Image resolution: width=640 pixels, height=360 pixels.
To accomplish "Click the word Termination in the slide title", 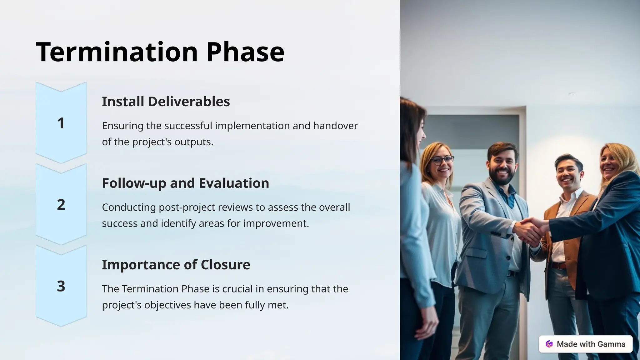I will (117, 52).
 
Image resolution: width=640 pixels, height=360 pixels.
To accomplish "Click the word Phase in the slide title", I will (245, 52).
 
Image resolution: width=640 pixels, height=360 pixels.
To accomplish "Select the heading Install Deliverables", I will (166, 102).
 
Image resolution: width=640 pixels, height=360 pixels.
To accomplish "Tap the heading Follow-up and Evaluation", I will (186, 183).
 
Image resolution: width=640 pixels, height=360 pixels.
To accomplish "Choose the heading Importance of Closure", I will (176, 265).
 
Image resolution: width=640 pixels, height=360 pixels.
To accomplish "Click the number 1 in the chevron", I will (61, 123).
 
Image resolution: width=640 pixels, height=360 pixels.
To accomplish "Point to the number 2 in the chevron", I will (61, 205).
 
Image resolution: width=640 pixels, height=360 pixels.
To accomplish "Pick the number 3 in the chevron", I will (61, 286).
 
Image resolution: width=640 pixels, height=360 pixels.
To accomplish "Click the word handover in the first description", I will (335, 126).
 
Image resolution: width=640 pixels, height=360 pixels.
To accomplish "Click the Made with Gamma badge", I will (586, 344).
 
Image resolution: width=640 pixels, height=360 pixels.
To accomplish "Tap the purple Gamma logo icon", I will (549, 344).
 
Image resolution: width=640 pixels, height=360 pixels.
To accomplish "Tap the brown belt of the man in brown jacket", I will (558, 266).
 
